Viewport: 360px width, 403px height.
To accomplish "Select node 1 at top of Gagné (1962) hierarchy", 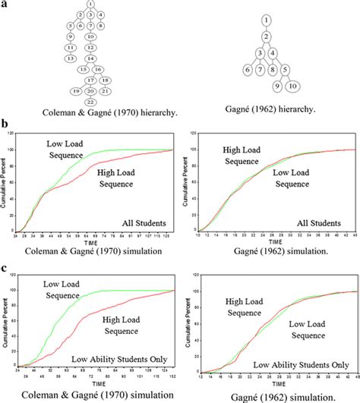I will pos(267,19).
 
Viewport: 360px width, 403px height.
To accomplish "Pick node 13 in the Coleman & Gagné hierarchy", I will pos(69,58).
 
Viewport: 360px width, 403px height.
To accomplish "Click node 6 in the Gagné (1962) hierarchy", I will pos(247,70).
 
